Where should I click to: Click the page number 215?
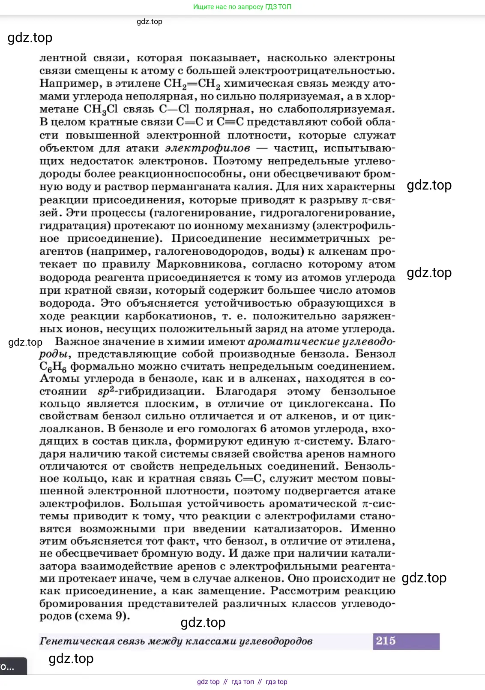click(386, 641)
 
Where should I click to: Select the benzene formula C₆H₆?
click(53, 367)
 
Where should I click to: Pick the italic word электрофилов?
click(208, 148)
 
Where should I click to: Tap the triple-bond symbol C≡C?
click(230, 122)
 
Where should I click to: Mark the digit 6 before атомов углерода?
click(263, 428)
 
